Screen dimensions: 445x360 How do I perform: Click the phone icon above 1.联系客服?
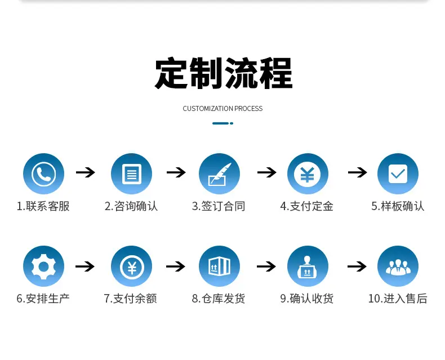tap(43, 174)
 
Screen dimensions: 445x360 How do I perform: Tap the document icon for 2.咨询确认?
tap(131, 174)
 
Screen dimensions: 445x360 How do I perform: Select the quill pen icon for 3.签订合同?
tap(219, 174)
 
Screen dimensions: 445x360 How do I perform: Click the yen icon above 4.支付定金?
tap(308, 174)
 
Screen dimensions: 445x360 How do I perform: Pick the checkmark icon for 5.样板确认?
tap(398, 174)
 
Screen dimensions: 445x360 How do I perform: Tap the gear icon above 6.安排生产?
tap(43, 266)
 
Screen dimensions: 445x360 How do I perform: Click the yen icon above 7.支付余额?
tap(131, 266)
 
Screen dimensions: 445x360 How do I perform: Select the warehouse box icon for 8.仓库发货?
tap(219, 266)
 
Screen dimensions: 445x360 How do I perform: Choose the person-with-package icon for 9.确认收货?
tap(308, 266)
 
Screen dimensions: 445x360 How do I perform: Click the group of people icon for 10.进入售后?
tap(398, 266)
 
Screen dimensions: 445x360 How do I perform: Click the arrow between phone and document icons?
tap(86, 172)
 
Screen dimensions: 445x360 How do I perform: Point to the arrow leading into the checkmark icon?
tap(358, 172)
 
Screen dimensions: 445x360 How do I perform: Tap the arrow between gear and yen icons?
tap(85, 266)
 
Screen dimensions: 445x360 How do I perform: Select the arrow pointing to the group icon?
tap(357, 266)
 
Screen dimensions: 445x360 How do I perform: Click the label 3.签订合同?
tap(219, 206)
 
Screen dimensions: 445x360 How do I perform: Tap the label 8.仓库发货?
tap(219, 299)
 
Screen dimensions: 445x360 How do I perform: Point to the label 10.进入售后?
tap(398, 299)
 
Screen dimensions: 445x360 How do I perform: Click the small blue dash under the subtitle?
tap(220, 123)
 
